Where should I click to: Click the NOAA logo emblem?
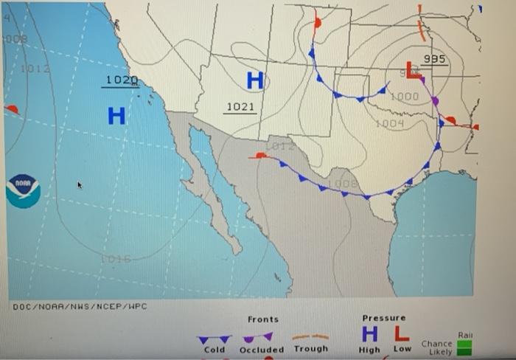[x=23, y=190]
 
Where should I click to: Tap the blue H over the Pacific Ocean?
[x=116, y=116]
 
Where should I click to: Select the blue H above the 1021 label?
[x=255, y=81]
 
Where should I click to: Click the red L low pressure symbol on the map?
[x=414, y=72]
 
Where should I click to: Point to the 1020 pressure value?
[x=121, y=80]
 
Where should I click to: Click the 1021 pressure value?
[x=240, y=108]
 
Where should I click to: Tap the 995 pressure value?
[x=435, y=59]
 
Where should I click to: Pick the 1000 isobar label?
[x=404, y=97]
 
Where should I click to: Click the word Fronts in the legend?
[x=263, y=319]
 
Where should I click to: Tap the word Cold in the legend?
[x=215, y=350]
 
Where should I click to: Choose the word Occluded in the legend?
[x=262, y=350]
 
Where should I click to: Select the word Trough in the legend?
[x=310, y=349]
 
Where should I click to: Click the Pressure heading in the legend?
[x=384, y=319]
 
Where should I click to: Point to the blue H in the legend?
[x=370, y=336]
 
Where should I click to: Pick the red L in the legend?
[x=401, y=336]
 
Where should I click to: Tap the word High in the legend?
[x=369, y=350]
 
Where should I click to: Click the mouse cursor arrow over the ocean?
[x=80, y=185]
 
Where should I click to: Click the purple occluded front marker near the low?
[x=435, y=100]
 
